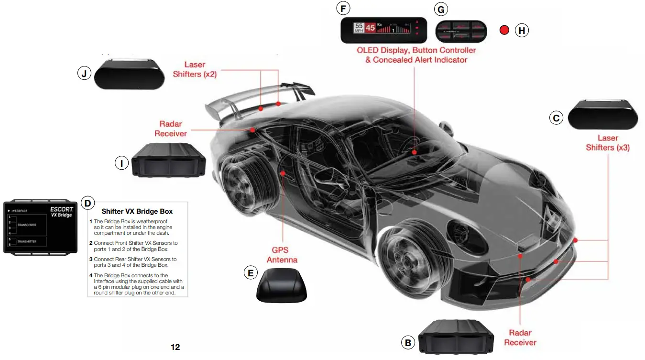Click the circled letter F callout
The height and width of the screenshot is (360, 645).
click(343, 9)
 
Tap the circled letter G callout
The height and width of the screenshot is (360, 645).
click(440, 9)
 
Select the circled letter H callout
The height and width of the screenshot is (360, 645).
click(522, 31)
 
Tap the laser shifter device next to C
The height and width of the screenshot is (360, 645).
click(602, 115)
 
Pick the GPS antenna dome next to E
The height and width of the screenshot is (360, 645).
click(282, 285)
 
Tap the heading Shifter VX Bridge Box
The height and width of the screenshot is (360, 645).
click(137, 211)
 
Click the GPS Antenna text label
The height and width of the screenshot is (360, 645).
click(282, 255)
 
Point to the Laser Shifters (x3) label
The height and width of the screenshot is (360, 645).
click(607, 143)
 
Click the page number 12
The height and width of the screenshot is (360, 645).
click(175, 347)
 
